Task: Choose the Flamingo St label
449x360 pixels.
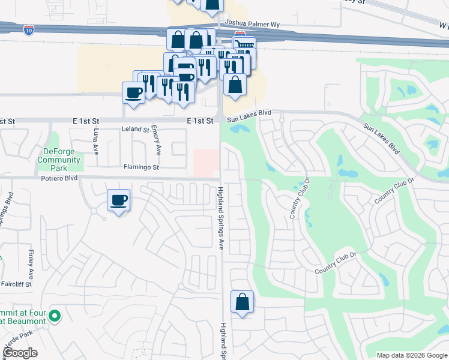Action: click(141, 167)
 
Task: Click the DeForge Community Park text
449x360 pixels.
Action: click(59, 156)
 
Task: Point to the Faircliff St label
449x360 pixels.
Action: click(17, 283)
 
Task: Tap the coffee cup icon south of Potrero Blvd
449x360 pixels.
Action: click(118, 200)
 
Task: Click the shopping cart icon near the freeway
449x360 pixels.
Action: click(244, 45)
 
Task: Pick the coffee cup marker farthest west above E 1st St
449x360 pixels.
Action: click(133, 92)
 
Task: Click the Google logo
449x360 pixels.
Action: click(20, 353)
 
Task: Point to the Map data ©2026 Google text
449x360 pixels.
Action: click(412, 355)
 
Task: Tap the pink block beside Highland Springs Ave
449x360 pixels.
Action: click(205, 163)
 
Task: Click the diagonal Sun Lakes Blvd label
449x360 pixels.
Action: click(382, 139)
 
